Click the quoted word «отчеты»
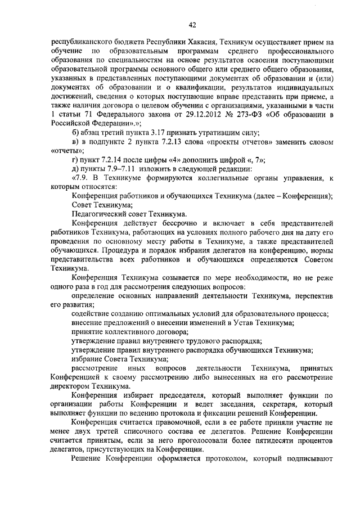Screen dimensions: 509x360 67,151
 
